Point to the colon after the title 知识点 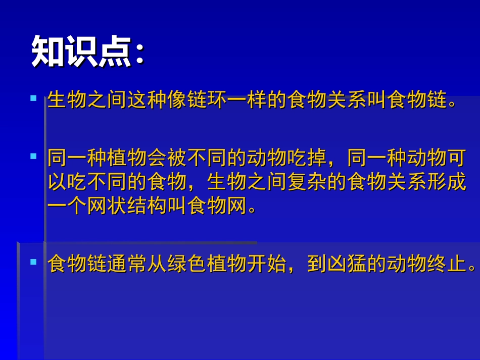[139, 53]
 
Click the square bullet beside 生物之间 [34, 98]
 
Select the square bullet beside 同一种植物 [34, 156]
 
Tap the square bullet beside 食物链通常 [34, 262]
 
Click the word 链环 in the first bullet [207, 101]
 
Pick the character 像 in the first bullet [177, 101]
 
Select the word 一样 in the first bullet [247, 101]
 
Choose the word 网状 [107, 206]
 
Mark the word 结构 [147, 206]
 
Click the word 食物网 [217, 206]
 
